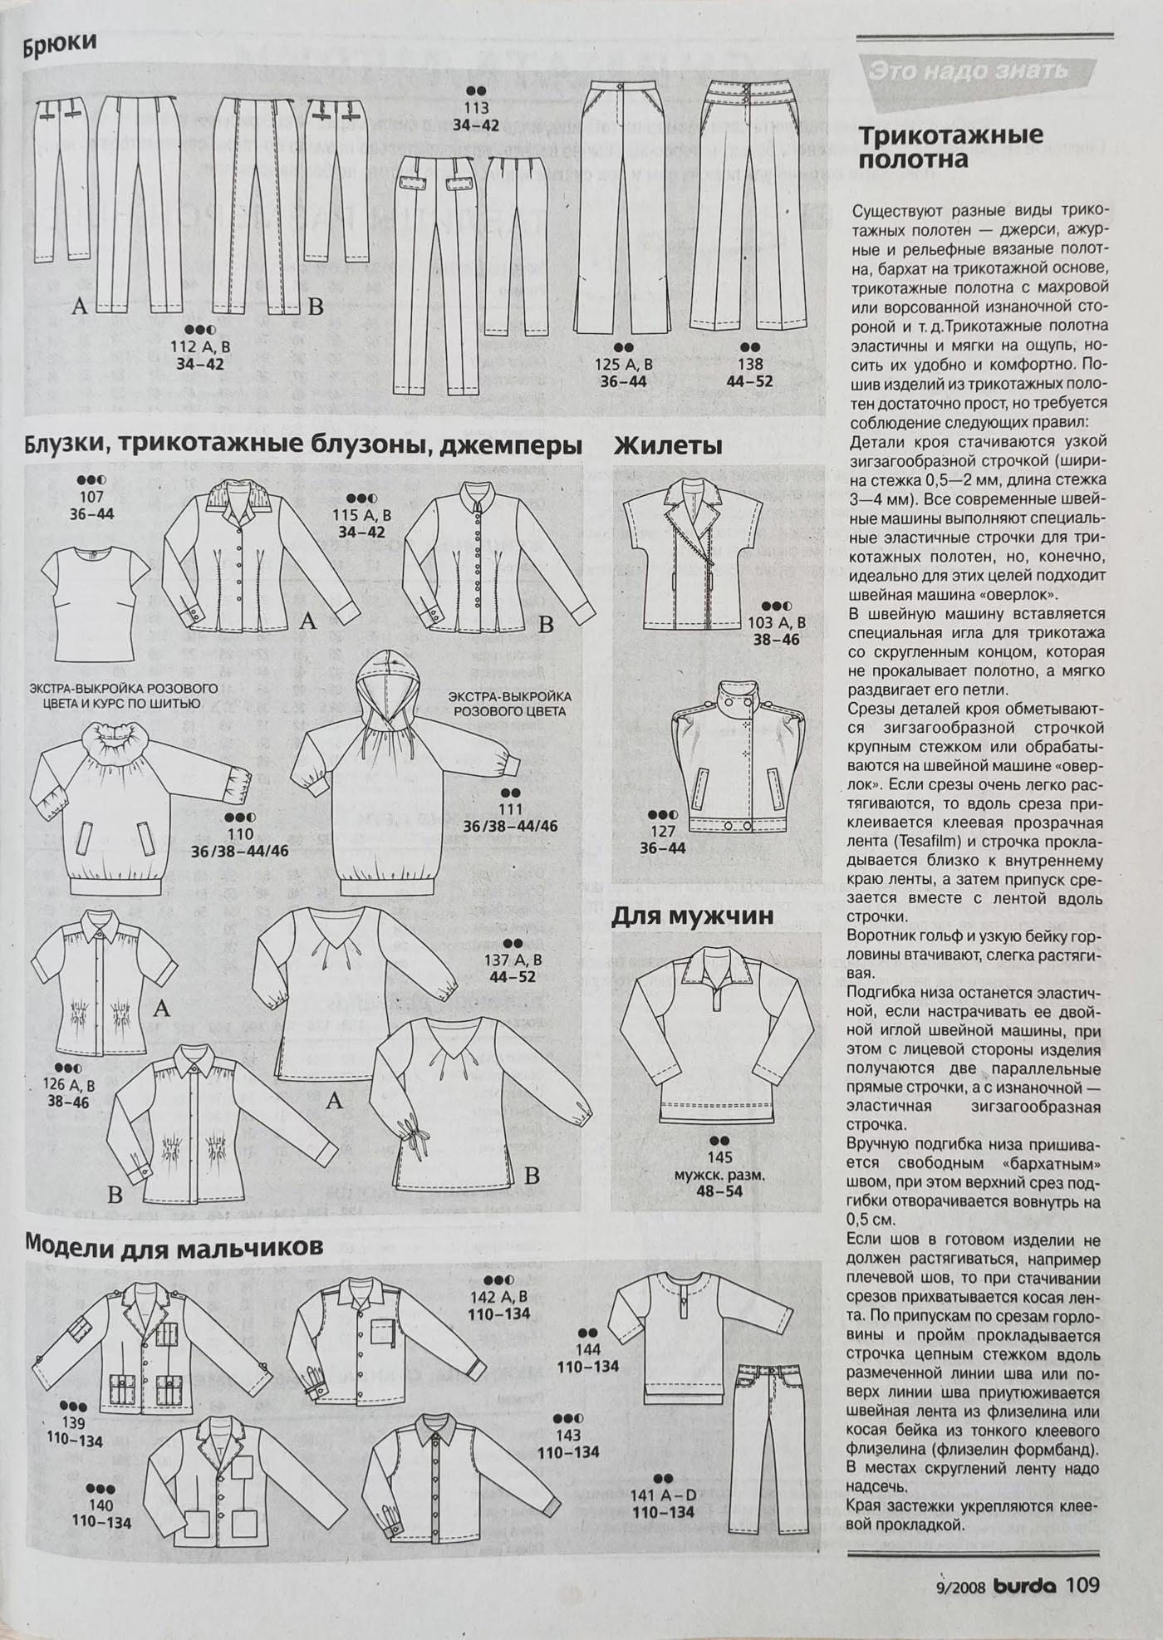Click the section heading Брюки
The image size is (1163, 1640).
pos(60,43)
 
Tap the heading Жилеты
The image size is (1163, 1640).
pos(668,446)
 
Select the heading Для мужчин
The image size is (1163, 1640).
pos(693,916)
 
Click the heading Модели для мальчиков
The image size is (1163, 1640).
pos(174,1246)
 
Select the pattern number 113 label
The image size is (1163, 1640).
pos(476,108)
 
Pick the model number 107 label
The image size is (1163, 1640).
pos(91,497)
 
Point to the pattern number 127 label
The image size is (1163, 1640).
pos(662,831)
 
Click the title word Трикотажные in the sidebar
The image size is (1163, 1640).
pos(950,135)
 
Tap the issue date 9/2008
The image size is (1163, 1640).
pos(960,1587)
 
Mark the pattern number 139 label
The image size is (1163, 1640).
pos(74,1422)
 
